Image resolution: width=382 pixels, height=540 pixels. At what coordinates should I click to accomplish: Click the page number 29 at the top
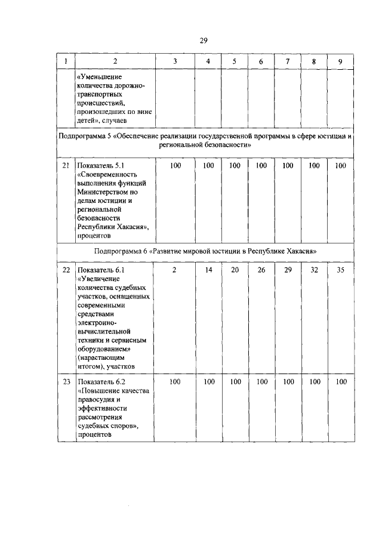point(203,40)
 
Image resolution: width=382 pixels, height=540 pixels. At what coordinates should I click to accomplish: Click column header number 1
point(66,61)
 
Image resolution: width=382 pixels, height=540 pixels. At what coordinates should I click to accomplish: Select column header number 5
point(235,61)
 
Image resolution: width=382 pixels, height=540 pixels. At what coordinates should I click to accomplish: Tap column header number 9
point(340,61)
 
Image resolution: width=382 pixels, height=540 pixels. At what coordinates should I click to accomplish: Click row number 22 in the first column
point(66,270)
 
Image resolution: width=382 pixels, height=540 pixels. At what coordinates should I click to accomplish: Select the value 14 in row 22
point(208,270)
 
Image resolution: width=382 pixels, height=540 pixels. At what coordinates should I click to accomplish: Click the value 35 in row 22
point(340,270)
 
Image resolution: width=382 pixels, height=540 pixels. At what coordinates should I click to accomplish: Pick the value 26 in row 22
point(261,270)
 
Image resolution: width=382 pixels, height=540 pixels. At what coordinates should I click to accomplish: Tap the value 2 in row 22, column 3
point(174,270)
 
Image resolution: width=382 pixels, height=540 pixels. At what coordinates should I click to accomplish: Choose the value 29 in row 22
point(288,270)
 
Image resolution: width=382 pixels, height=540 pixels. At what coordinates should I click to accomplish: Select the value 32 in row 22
point(314,270)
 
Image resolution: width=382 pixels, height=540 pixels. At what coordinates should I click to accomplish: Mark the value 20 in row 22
point(235,270)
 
